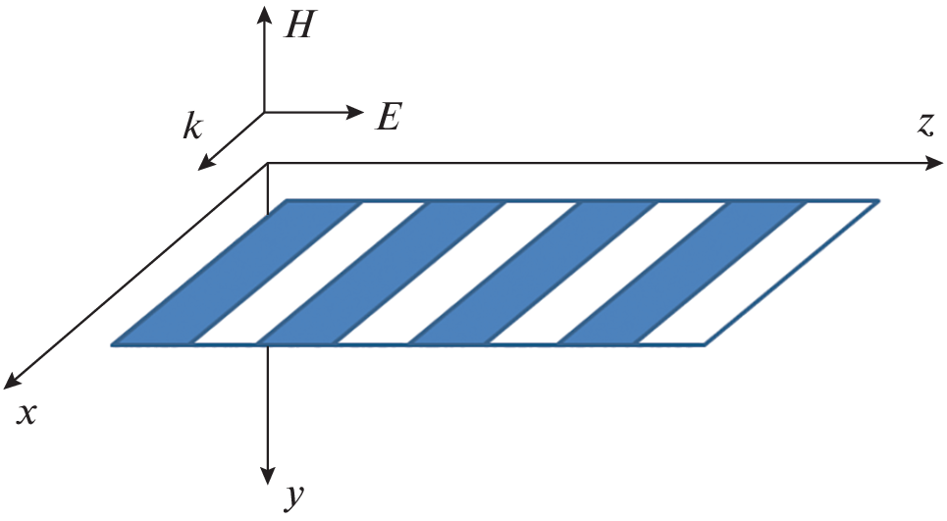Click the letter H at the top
point(297,25)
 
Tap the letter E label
point(388,118)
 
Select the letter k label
point(192,128)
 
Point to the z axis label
point(924,124)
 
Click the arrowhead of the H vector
point(265,14)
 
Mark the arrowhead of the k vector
point(205,162)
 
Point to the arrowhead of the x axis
point(13,381)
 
